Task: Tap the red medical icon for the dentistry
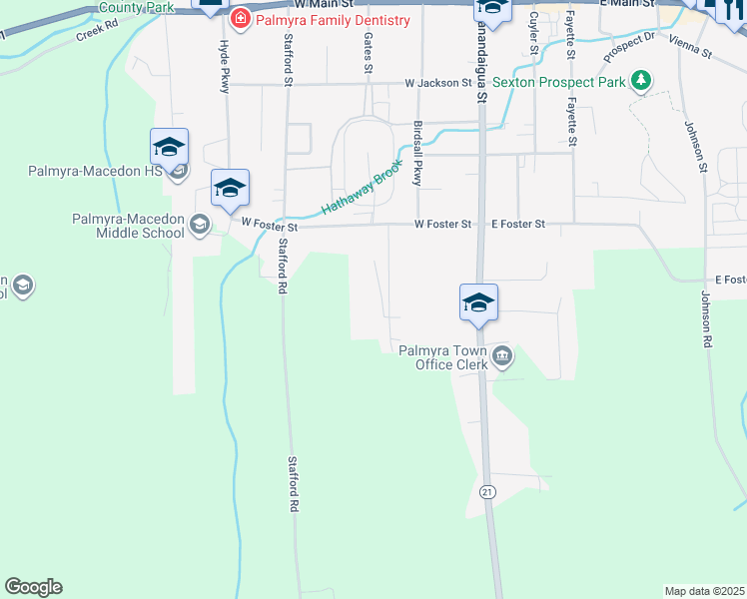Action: pos(241,20)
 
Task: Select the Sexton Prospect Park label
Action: pos(565,82)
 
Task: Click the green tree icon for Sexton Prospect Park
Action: pos(642,81)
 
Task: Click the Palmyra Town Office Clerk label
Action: pos(443,357)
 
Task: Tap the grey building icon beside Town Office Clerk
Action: pos(502,355)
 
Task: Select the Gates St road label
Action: pos(369,52)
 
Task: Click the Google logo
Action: pos(33,587)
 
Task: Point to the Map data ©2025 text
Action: pos(705,590)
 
